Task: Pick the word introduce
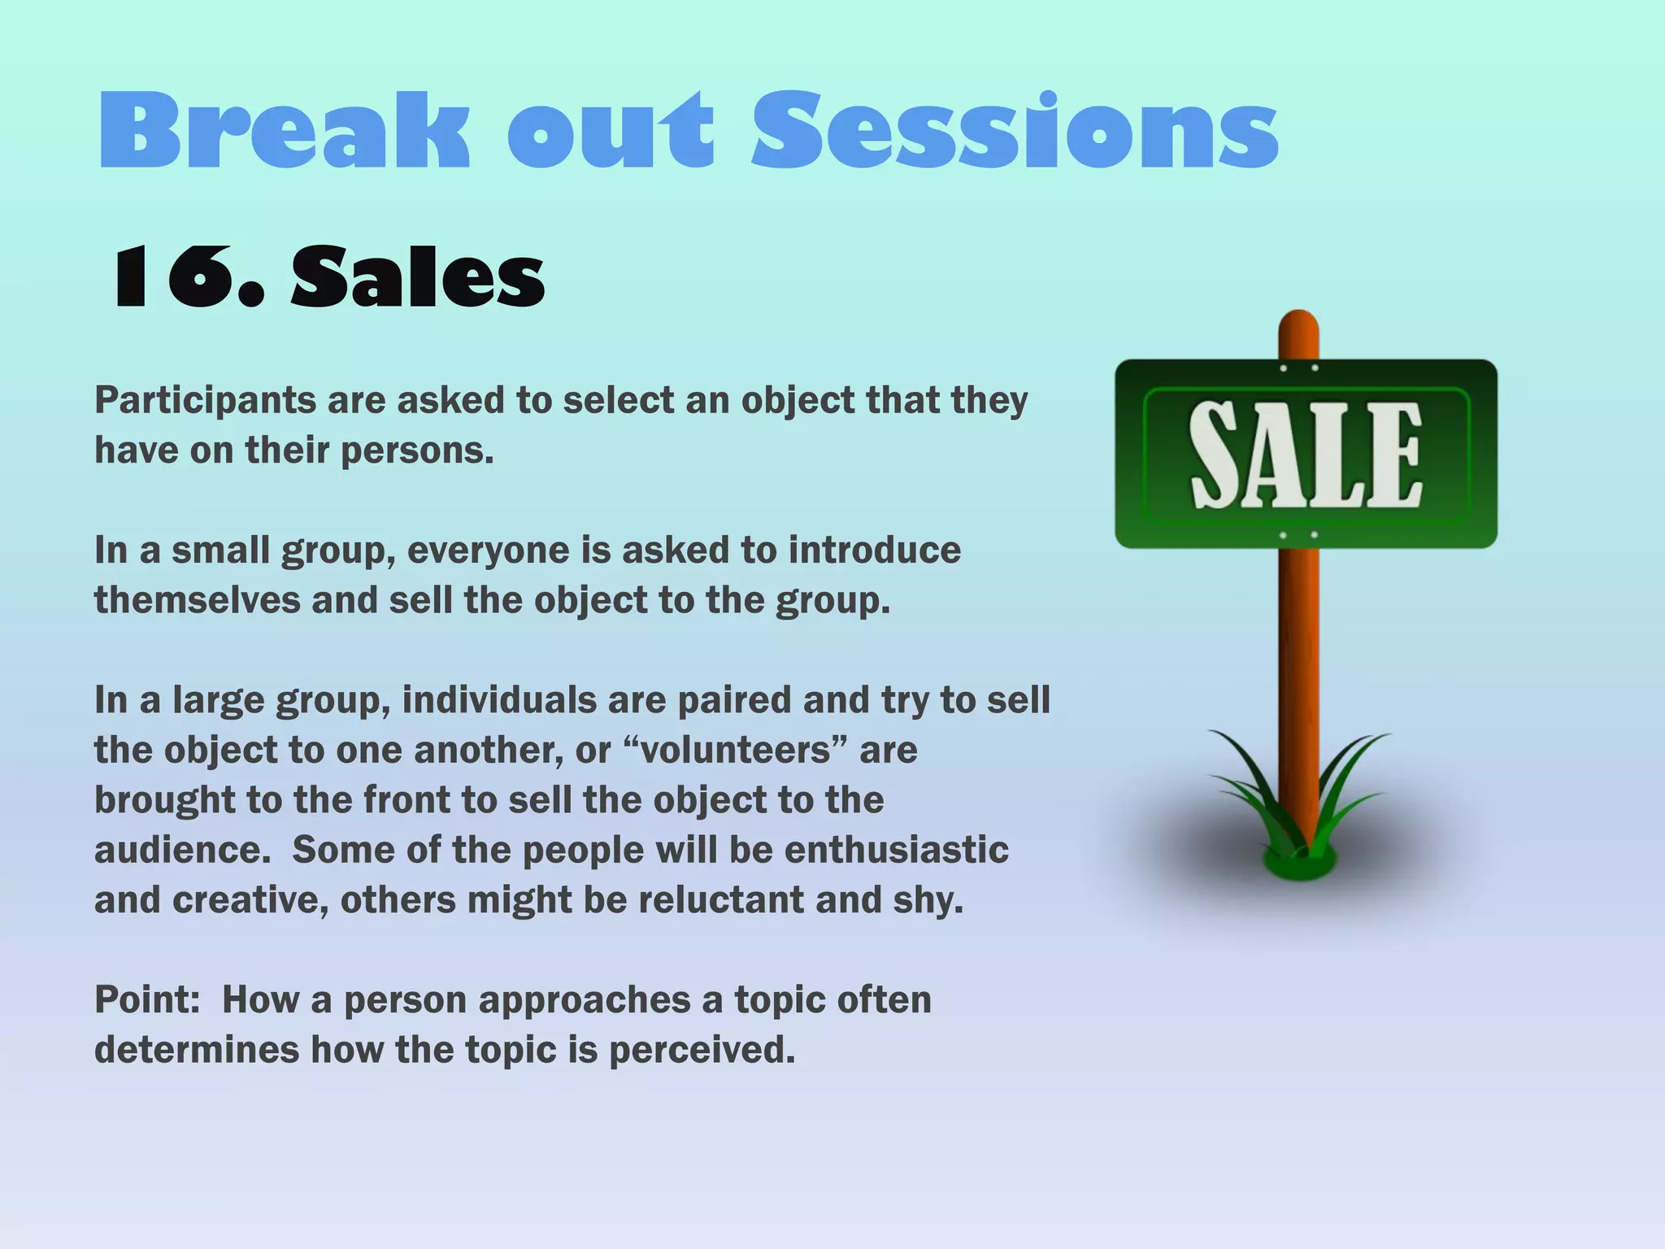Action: click(874, 551)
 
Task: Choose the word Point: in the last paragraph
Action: click(147, 1000)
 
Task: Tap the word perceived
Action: click(701, 1051)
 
